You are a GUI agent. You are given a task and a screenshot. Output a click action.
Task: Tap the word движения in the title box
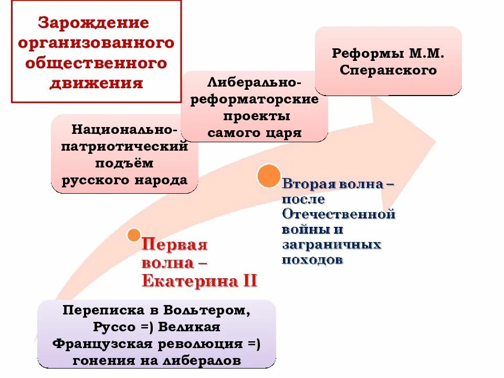[x=96, y=83]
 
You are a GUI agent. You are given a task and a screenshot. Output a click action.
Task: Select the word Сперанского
[x=388, y=70]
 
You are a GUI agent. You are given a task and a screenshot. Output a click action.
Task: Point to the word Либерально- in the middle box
[x=255, y=83]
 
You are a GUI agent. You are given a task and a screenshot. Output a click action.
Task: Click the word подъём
[x=125, y=163]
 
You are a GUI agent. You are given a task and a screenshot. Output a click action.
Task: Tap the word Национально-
[x=125, y=129]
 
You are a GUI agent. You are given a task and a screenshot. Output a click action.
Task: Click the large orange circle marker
[x=269, y=176]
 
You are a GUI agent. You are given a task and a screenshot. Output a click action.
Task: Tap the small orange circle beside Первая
[x=134, y=235]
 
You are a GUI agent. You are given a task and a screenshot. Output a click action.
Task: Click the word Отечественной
[x=339, y=214]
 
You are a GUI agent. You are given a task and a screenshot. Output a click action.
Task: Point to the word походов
[x=312, y=260]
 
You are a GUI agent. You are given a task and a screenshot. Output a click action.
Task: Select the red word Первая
[x=175, y=245]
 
